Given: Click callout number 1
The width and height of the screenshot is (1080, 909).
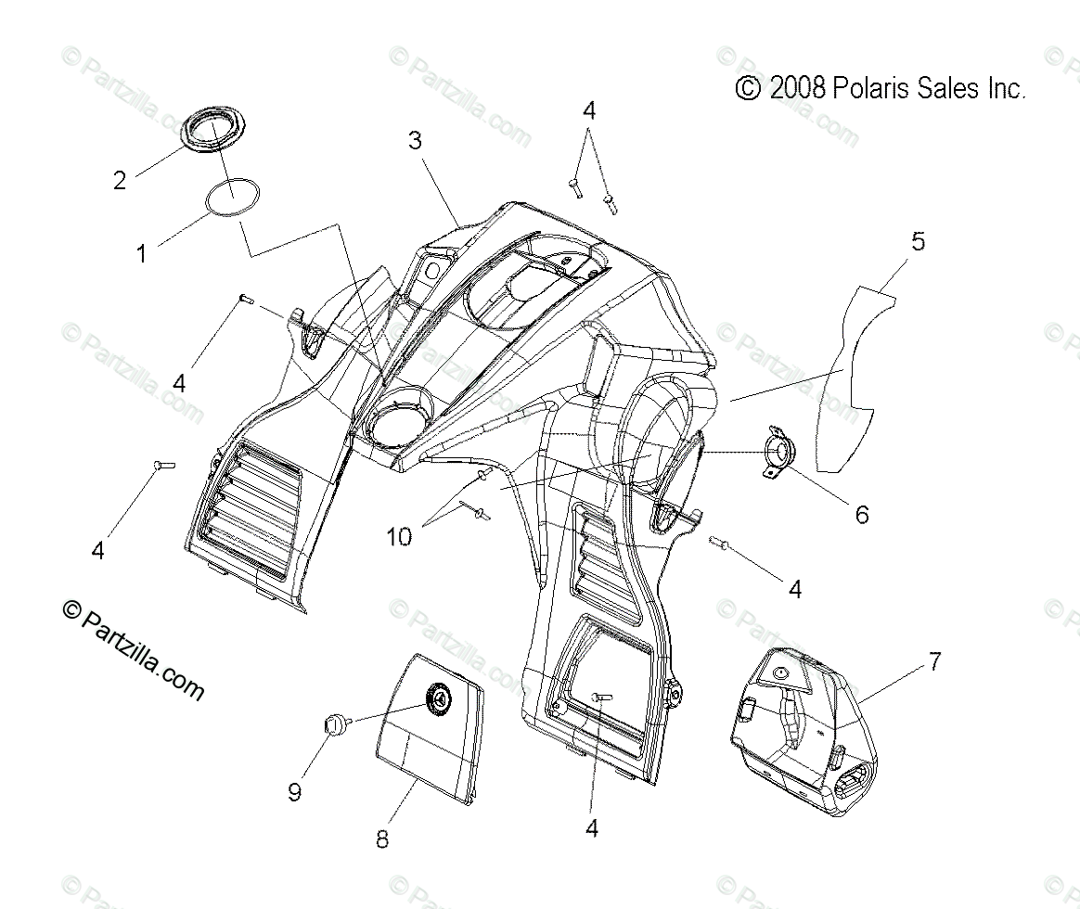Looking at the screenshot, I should click(142, 253).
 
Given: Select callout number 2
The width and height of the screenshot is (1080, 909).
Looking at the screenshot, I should click(119, 180).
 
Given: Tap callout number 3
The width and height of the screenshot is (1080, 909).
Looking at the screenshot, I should click(415, 141).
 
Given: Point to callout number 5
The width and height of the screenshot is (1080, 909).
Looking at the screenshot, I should click(917, 242).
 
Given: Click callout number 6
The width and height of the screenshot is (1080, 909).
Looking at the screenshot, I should click(862, 513).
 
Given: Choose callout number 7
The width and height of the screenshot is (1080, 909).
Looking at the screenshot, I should click(934, 661).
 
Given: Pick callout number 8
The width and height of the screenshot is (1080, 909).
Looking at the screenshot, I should click(382, 839).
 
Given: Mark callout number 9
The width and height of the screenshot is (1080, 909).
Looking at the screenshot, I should click(295, 792).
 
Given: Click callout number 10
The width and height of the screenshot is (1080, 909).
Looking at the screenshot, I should click(399, 537).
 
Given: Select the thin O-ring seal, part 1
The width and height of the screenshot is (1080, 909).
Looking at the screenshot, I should click(231, 199).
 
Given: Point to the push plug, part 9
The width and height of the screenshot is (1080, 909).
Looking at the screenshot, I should click(332, 724).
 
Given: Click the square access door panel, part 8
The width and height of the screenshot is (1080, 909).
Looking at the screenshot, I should click(427, 733).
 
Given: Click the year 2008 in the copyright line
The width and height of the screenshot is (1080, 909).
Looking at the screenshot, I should click(797, 88).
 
